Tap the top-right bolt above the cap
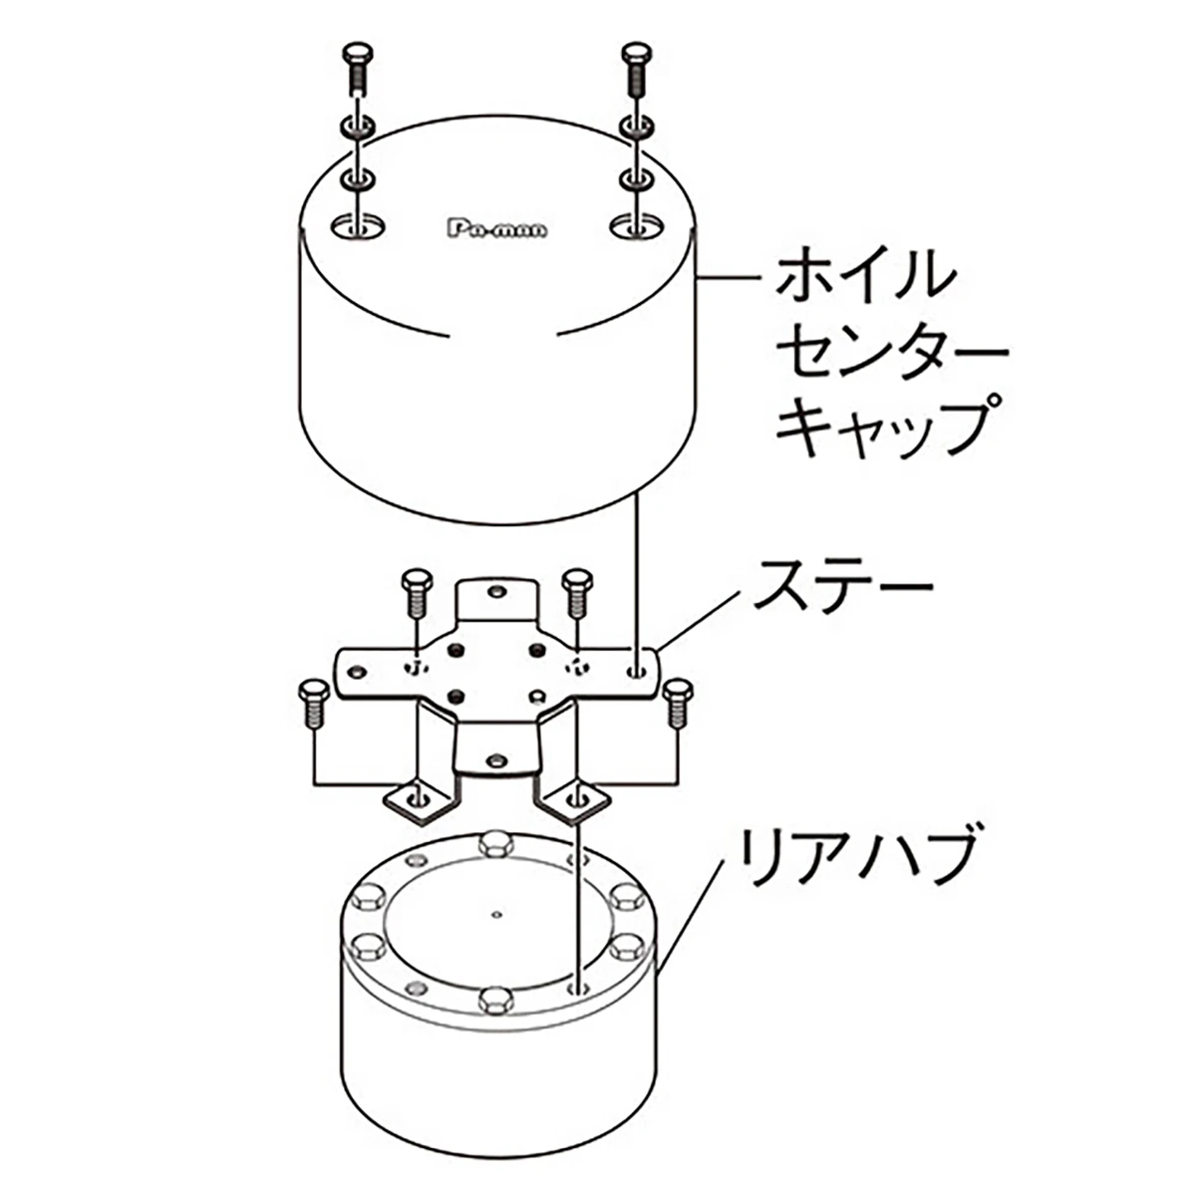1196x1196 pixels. (x=637, y=69)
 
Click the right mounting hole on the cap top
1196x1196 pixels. (x=636, y=226)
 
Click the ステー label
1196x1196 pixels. (x=841, y=585)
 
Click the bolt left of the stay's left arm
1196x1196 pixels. (x=312, y=704)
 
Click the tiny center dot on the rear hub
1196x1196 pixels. (x=495, y=914)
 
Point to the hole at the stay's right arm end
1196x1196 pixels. (x=637, y=671)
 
